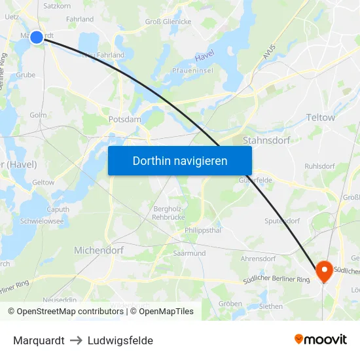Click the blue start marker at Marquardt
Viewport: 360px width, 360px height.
point(37,37)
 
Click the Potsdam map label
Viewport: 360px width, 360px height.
point(124,120)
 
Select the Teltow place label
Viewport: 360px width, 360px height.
point(320,118)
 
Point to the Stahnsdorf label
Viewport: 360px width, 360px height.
point(266,140)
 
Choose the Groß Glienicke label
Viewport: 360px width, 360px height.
point(168,22)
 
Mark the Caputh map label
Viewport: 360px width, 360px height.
point(58,209)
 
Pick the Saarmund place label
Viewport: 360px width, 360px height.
point(189,253)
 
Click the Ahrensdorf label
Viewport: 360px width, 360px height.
point(258,259)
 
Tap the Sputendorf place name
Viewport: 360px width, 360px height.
point(282,221)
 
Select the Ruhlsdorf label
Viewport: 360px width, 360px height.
point(320,166)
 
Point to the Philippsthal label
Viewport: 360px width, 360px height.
point(204,230)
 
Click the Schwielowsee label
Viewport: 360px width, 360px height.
point(42,222)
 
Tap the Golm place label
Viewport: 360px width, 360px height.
point(37,115)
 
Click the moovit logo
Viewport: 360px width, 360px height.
point(320,340)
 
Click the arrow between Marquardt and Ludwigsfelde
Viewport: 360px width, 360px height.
point(76,340)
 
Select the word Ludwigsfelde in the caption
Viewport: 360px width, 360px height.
point(120,340)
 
